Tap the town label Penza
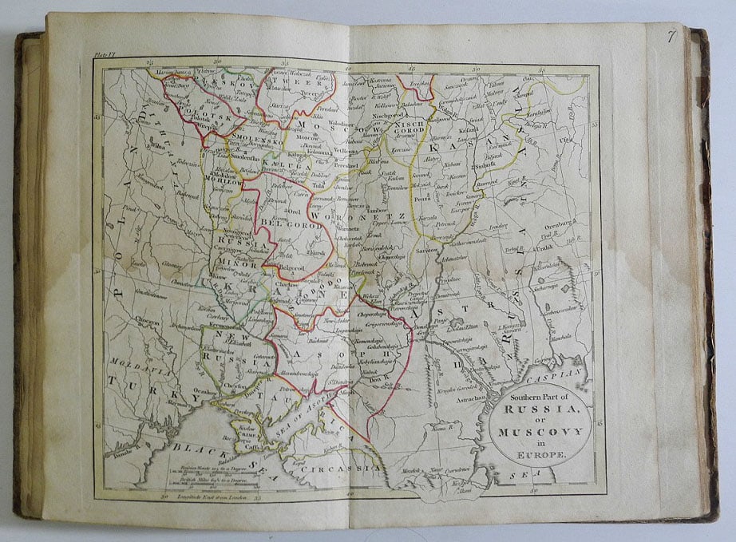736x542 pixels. coord(423,196)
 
